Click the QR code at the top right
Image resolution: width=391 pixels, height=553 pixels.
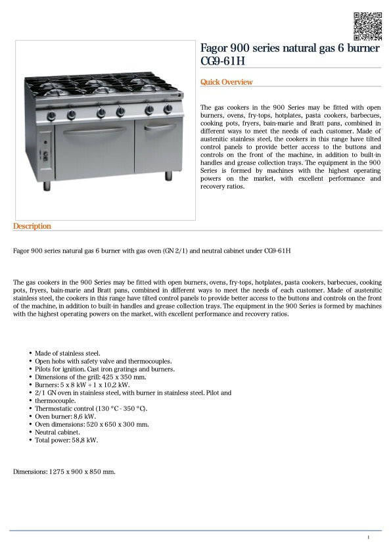tap(367, 26)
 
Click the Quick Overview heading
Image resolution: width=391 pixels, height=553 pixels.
tap(226, 82)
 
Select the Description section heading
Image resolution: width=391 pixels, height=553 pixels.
tap(32, 226)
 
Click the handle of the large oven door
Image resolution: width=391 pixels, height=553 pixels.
tap(95, 130)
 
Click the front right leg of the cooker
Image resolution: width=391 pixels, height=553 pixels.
tap(169, 177)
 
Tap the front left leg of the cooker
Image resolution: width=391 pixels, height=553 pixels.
tap(47, 186)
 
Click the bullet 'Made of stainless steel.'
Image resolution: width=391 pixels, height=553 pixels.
tap(67, 353)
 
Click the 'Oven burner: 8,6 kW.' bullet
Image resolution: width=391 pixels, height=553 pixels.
tap(65, 416)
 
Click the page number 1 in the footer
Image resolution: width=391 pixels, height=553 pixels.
tap(369, 538)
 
